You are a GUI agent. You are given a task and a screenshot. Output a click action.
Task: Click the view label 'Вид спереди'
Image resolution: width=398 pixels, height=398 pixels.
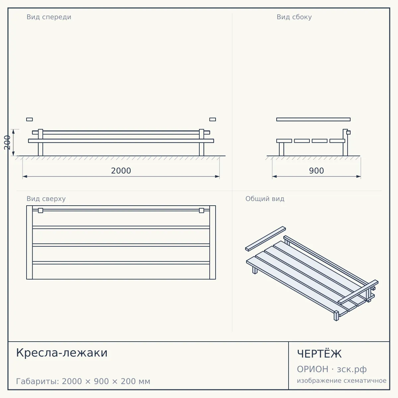click(49, 17)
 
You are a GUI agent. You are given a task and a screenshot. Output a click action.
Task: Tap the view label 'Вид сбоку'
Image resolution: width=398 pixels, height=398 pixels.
click(294, 17)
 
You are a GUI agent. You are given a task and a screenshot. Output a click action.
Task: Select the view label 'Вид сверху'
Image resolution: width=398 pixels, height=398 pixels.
click(46, 199)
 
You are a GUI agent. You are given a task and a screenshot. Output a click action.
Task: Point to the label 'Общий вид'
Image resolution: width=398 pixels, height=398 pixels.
click(265, 199)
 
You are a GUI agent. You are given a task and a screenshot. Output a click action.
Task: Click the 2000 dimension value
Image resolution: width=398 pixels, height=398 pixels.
click(121, 171)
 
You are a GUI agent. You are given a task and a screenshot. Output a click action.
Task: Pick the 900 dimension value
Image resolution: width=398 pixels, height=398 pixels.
click(316, 171)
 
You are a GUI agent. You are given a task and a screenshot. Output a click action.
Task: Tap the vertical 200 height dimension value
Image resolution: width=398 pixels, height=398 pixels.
click(7, 143)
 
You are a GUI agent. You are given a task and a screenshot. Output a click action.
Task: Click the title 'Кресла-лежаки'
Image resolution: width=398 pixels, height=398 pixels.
click(62, 353)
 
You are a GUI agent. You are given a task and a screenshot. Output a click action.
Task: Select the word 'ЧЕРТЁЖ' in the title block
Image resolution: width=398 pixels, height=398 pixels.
click(319, 354)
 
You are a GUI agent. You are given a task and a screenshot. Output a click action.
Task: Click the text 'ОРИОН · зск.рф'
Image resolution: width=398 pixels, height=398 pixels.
click(332, 369)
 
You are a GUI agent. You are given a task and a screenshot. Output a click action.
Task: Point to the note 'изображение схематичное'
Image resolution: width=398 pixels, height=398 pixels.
click(342, 381)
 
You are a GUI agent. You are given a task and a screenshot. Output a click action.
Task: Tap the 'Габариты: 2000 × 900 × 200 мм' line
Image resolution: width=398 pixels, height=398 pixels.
click(83, 381)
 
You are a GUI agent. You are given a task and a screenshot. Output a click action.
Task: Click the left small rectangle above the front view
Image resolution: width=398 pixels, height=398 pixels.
click(30, 119)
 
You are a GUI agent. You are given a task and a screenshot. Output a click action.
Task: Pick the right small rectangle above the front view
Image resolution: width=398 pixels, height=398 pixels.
click(213, 119)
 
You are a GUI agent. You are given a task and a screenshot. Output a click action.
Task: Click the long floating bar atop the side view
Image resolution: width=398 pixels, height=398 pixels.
click(313, 119)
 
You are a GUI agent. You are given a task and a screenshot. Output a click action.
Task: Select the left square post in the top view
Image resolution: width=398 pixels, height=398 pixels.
click(40, 211)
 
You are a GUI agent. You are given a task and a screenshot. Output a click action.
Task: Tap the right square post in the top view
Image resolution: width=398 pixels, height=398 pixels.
click(202, 211)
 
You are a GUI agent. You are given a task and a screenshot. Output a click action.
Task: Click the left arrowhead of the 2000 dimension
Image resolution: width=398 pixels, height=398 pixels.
click(25, 176)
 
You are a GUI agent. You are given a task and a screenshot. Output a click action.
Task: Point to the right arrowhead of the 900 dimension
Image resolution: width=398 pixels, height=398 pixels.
click(359, 176)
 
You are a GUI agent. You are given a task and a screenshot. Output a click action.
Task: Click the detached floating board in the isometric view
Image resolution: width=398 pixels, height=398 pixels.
click(266, 239)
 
